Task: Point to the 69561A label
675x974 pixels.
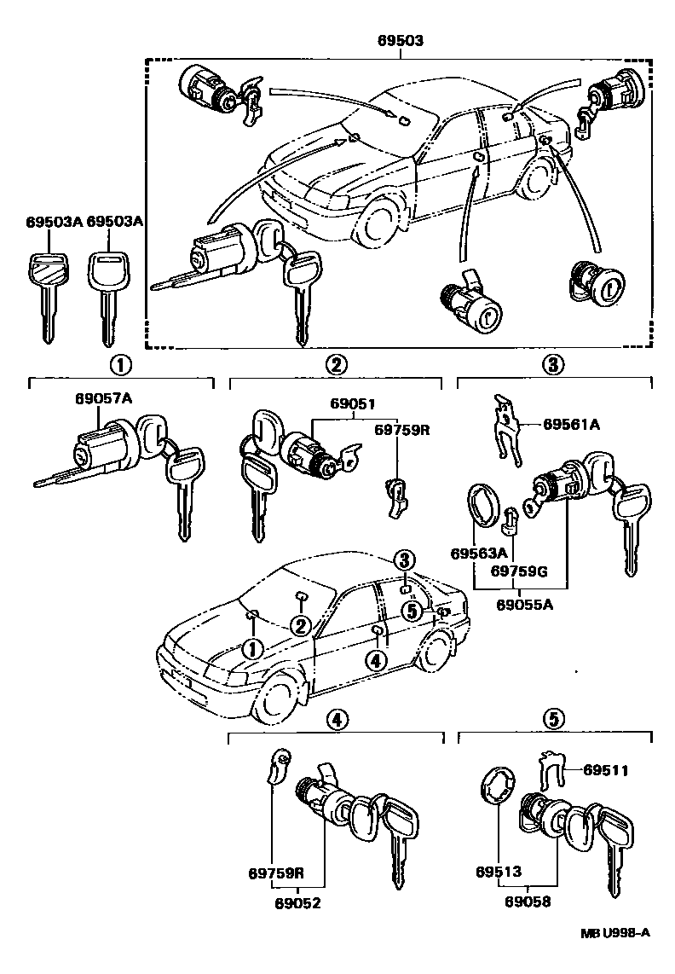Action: coord(572,423)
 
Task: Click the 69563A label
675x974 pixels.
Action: coord(480,553)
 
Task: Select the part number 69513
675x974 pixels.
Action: coord(499,873)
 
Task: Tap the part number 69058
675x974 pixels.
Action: coord(527,902)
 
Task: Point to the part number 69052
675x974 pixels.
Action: coord(297,902)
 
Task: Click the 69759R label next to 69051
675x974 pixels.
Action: coord(402,431)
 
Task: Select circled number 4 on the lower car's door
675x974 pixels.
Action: coord(376,660)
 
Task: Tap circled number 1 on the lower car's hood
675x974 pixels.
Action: coord(252,649)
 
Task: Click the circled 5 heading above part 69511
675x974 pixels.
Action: coord(553,720)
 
